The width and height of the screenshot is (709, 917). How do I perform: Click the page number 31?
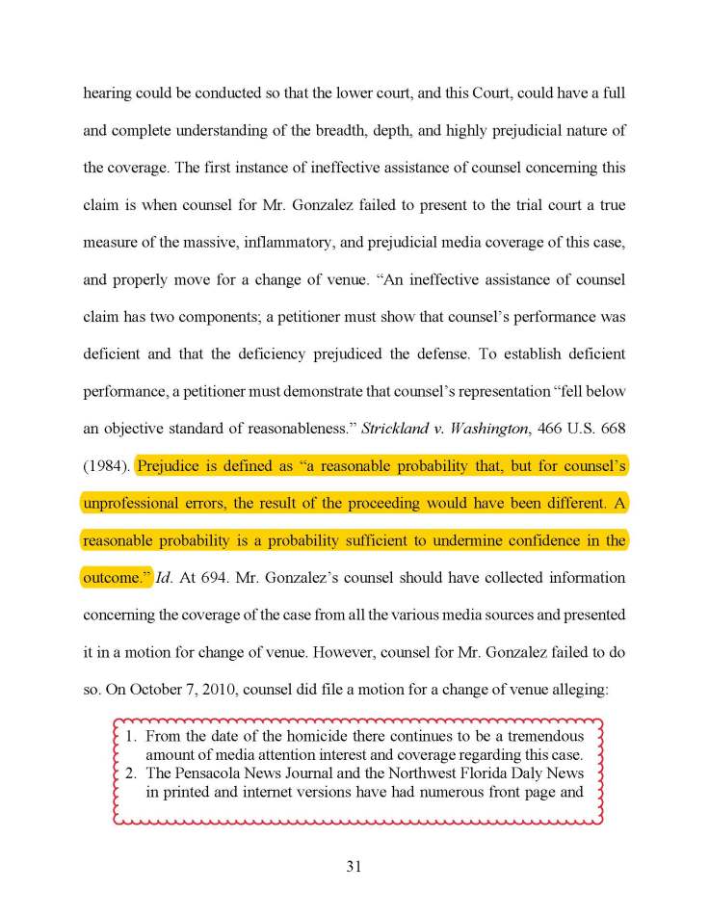354,866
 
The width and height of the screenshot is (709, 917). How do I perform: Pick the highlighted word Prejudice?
170,466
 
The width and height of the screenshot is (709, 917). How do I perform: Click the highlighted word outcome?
113,579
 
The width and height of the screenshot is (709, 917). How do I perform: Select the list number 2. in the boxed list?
134,773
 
